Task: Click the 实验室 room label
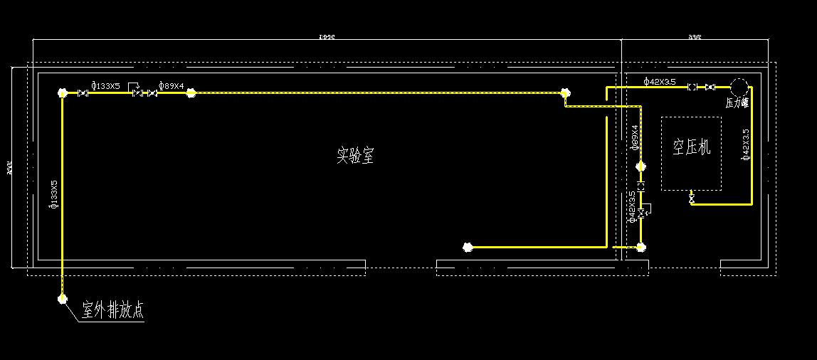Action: coord(355,155)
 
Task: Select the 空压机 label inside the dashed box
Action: coord(692,147)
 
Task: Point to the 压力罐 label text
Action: coord(737,103)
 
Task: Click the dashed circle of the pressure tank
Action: coord(738,86)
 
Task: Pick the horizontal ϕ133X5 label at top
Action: coord(106,86)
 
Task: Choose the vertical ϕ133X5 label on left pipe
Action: coord(54,194)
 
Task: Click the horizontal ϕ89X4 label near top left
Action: coord(171,86)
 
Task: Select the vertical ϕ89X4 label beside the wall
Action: coord(634,137)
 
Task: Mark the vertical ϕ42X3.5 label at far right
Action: coord(745,144)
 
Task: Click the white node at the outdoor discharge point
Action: coord(63,300)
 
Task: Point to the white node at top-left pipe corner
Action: coord(63,93)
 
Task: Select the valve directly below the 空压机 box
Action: coord(692,199)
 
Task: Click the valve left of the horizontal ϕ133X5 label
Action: coord(83,93)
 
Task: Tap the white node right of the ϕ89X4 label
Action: coord(191,93)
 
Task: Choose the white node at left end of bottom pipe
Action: coord(468,248)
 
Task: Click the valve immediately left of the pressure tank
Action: coord(710,87)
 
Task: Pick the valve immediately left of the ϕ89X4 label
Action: coord(151,93)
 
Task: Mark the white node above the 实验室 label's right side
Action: coord(565,92)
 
